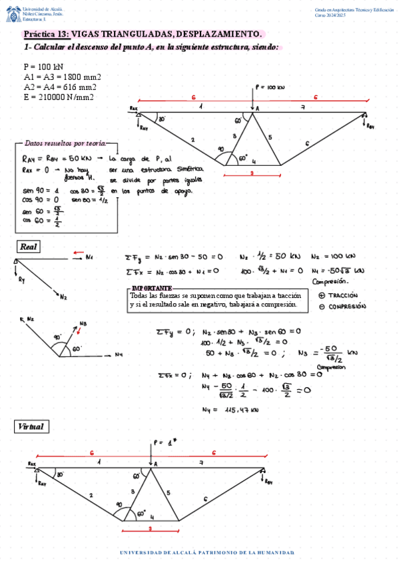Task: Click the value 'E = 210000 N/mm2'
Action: pos(59,97)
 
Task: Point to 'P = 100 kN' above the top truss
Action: pos(269,88)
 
